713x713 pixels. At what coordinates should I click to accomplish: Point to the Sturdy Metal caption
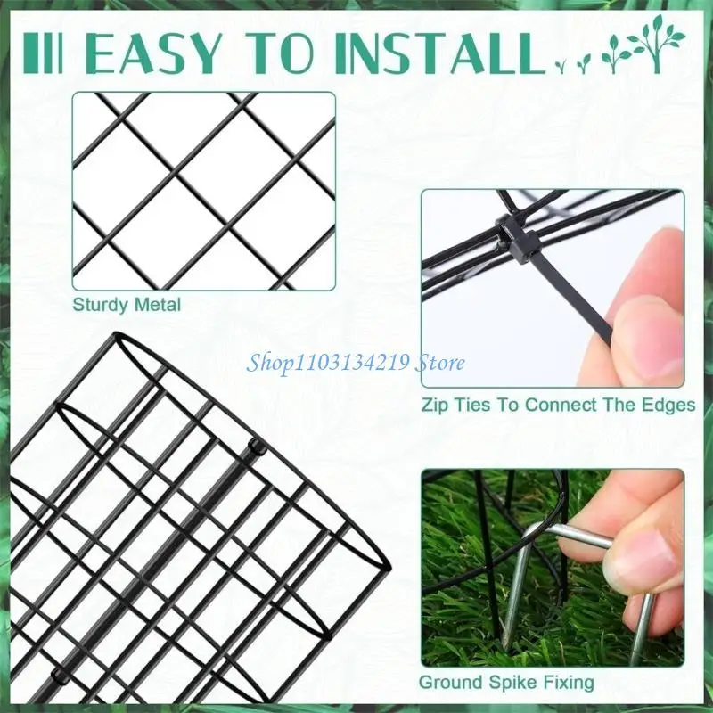coord(127,305)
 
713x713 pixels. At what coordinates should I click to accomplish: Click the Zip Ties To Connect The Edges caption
coord(558,405)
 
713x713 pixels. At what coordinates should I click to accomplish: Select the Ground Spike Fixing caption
coord(507,684)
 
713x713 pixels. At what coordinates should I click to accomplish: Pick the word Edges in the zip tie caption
coord(670,405)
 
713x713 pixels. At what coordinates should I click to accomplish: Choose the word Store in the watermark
coord(443,362)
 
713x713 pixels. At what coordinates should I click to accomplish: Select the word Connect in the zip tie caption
coord(560,405)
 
